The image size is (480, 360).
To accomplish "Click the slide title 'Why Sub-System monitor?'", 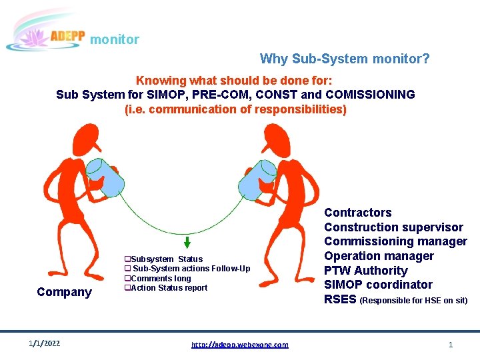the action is (345, 59).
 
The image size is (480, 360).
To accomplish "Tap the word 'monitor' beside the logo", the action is (115, 40).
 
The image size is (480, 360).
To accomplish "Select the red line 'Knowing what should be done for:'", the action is (235, 79).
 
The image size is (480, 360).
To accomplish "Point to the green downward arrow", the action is (187, 242).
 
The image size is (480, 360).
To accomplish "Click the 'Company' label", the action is (64, 292).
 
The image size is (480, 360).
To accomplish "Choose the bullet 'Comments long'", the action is (158, 279).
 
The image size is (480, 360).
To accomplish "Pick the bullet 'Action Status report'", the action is (166, 288).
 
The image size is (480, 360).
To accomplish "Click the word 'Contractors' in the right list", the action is (358, 213).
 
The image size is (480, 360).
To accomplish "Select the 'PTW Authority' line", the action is (365, 271).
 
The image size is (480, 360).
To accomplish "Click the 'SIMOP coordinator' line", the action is (378, 285).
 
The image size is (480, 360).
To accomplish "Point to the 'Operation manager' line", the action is (379, 256).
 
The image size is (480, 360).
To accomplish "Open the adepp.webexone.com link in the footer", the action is (240, 345).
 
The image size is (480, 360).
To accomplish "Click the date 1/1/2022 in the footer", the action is (45, 343).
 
